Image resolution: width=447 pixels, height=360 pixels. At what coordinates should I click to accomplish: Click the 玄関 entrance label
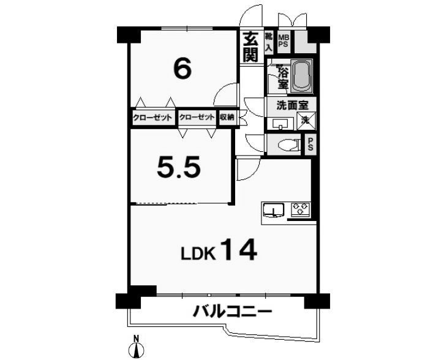(250, 47)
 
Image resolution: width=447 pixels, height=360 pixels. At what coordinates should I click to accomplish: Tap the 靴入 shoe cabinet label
(269, 42)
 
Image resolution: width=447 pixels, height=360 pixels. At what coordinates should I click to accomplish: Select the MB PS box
(284, 41)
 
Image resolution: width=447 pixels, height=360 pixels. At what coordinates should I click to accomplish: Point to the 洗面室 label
(293, 105)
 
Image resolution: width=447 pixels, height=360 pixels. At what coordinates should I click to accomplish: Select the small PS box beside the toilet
(310, 144)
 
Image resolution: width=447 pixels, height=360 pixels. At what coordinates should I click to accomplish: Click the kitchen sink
(274, 210)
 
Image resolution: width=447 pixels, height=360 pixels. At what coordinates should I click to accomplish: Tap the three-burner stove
(301, 208)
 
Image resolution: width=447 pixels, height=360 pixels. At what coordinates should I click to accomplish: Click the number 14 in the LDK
(239, 250)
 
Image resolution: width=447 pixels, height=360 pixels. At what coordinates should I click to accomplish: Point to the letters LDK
(198, 253)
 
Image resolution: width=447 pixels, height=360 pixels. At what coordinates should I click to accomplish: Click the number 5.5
(179, 167)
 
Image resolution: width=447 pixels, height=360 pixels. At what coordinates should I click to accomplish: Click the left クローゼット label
(153, 118)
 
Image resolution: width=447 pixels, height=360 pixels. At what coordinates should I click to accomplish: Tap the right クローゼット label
(197, 117)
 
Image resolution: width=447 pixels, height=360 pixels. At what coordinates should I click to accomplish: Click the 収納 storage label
(227, 117)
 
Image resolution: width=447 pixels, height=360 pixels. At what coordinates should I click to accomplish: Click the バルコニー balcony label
(232, 312)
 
